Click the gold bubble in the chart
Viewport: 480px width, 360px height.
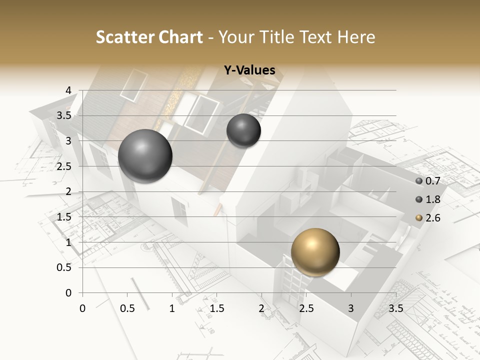(x=315, y=251)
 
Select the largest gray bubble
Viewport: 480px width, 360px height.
(x=145, y=156)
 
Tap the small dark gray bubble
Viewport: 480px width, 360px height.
(x=243, y=130)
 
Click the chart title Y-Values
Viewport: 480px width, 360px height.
(x=249, y=70)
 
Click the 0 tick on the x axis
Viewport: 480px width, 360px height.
(x=83, y=308)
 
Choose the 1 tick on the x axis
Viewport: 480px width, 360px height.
(x=172, y=308)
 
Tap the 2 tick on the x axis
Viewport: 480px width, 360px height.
(x=261, y=308)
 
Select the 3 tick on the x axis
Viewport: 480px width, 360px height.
(x=351, y=308)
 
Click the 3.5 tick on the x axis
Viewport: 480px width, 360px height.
(x=395, y=308)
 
